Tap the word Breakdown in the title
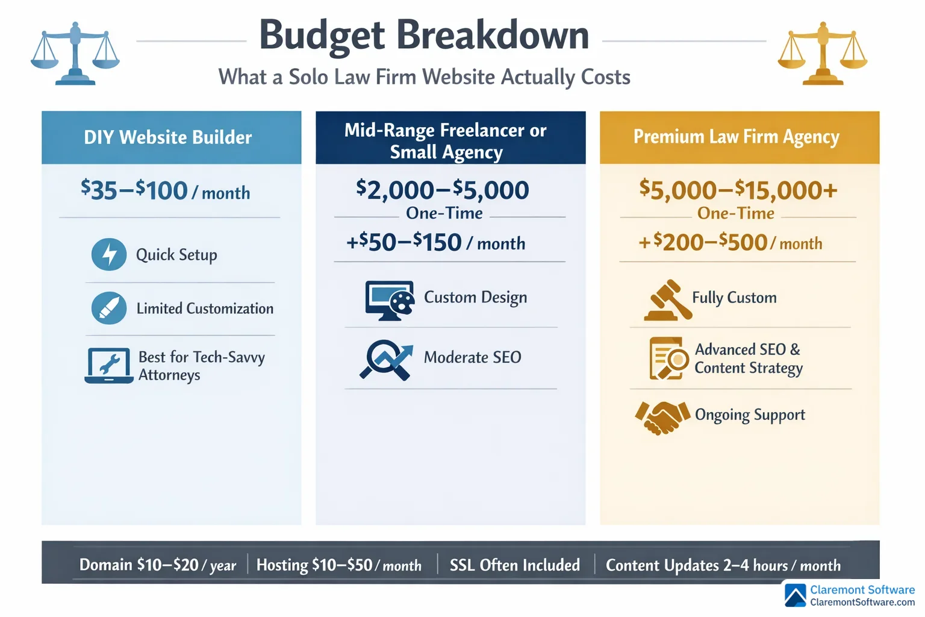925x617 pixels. tap(492, 35)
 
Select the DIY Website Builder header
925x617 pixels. tap(168, 137)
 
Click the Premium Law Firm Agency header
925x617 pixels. tap(736, 137)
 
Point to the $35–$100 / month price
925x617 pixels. tap(166, 191)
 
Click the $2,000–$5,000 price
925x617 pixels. tap(443, 190)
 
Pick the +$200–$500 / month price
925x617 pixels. tap(730, 242)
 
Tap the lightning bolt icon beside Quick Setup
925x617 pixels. tap(109, 254)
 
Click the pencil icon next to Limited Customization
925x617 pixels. tap(109, 308)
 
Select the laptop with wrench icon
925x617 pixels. tap(109, 365)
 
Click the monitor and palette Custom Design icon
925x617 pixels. tap(390, 299)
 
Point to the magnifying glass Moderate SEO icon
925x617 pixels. tap(386, 360)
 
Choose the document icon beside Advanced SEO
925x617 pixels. tap(668, 359)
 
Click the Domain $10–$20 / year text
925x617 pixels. tap(158, 565)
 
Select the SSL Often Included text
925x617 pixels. tap(515, 565)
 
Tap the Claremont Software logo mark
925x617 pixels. tap(796, 595)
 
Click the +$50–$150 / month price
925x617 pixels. tap(436, 243)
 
